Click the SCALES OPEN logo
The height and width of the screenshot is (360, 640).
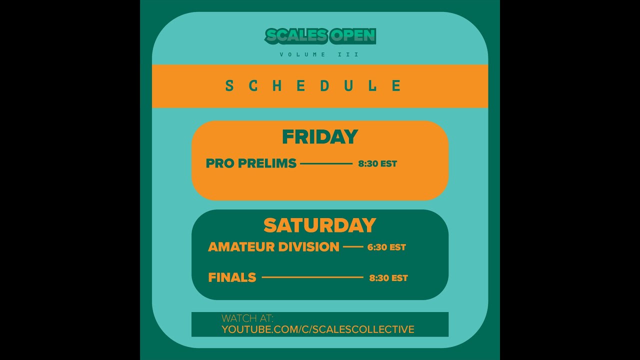[320, 36]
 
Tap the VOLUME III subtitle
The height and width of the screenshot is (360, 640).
[320, 54]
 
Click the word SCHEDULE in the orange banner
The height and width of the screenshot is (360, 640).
[313, 86]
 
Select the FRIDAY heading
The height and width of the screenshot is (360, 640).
[320, 137]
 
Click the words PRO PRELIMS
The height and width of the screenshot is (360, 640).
[251, 163]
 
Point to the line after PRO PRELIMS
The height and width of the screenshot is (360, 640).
[326, 163]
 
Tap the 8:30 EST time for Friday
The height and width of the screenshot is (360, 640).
[377, 163]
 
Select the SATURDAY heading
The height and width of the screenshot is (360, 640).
[320, 225]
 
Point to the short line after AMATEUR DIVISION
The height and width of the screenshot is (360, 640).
[353, 247]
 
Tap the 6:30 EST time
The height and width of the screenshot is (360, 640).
[386, 247]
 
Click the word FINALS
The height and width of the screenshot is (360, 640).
[232, 277]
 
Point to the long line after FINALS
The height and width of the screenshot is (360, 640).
[312, 277]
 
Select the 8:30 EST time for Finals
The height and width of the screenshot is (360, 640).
[388, 278]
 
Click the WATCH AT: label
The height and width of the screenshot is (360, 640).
[247, 318]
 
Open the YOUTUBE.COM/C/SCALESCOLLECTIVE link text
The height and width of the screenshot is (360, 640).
[318, 329]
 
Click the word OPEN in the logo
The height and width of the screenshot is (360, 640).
[353, 35]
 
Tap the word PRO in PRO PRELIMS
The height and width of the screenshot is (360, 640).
[220, 163]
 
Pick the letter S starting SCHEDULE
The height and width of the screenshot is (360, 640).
[229, 86]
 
